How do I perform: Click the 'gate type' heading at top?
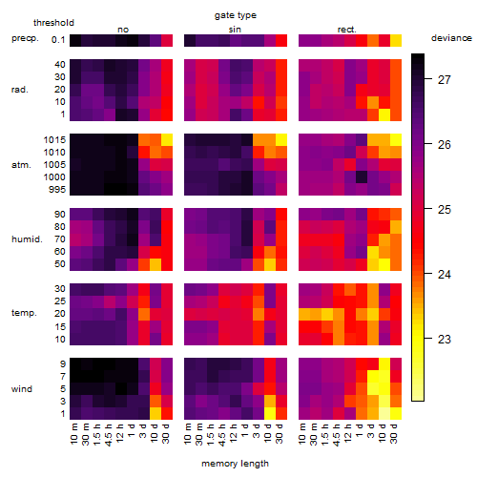(236, 15)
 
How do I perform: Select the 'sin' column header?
(235, 30)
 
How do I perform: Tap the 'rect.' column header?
(346, 30)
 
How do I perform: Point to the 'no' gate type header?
(123, 30)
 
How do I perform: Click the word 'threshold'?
(53, 23)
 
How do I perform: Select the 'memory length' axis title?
(235, 464)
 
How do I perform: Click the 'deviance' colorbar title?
(451, 38)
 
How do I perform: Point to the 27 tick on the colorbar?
(445, 79)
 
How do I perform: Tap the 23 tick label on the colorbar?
(445, 339)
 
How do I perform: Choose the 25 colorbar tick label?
(445, 209)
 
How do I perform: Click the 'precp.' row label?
(25, 38)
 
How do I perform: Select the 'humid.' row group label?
(27, 239)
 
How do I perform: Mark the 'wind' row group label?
(22, 389)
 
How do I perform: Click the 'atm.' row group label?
(21, 165)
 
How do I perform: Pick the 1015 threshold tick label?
(54, 140)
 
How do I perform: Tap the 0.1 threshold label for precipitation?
(58, 40)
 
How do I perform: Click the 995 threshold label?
(57, 190)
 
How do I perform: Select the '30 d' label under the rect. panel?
(394, 433)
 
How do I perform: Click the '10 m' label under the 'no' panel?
(73, 433)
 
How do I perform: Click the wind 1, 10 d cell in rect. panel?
(384, 413)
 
